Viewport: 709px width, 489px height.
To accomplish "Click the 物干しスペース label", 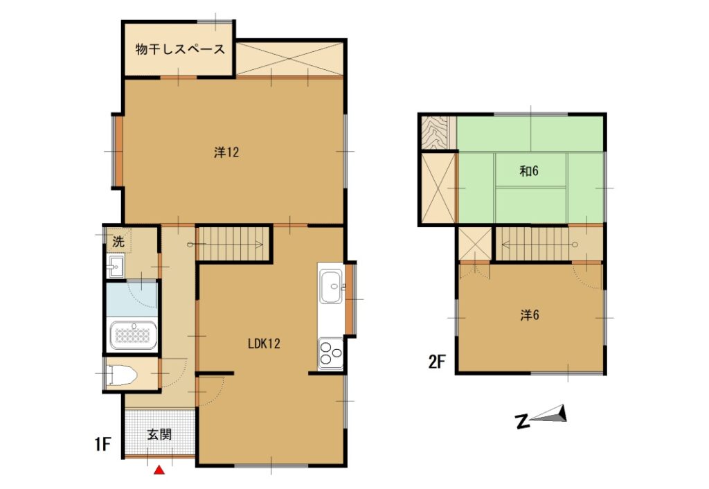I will coord(180,50).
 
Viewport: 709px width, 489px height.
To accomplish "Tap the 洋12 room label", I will coord(226,153).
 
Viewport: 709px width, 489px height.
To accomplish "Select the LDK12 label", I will coord(264,344).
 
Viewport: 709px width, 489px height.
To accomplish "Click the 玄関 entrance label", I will coord(159,435).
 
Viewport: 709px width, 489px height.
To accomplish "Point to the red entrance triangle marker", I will coord(159,471).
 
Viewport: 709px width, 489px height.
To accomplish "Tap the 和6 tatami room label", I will coord(529,171).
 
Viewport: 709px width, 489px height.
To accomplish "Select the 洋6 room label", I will coord(530,315).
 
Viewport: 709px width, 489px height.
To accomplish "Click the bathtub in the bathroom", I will coord(133,336).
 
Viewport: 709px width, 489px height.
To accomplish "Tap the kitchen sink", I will coord(331,285).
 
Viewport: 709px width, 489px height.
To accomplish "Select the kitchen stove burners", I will coord(330,354).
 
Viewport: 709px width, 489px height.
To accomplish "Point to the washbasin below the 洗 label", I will coord(116,265).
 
